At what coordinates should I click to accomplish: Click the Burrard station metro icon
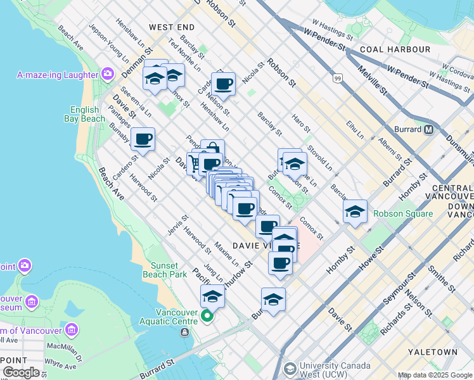(x=428, y=130)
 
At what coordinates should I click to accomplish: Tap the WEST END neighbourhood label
(x=172, y=27)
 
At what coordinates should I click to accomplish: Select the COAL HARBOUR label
(x=386, y=49)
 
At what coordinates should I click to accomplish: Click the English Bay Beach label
(x=84, y=113)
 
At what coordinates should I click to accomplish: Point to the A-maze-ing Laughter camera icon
(x=108, y=75)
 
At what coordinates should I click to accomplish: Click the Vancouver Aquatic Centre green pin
(x=207, y=315)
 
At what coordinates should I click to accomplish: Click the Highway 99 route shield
(x=337, y=78)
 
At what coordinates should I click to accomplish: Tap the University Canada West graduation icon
(x=290, y=368)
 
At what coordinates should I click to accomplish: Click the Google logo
(x=20, y=372)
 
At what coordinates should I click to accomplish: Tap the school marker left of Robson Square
(x=355, y=212)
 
